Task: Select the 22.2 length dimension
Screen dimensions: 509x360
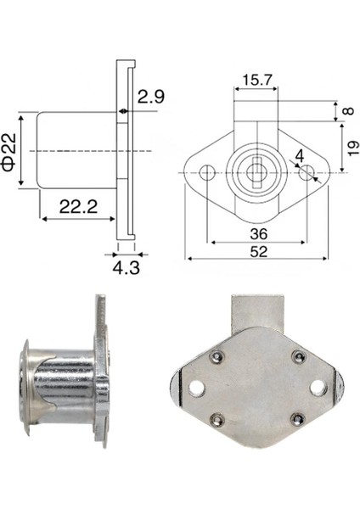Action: (76, 205)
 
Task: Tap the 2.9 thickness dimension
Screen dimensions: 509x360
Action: (150, 98)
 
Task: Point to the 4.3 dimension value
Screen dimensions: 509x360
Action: (125, 268)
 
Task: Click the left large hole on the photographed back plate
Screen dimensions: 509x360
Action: (198, 388)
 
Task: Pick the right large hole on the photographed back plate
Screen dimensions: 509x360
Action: (318, 387)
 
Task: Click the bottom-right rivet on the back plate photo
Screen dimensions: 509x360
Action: (297, 418)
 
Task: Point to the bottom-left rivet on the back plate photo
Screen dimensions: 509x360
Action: (218, 418)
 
